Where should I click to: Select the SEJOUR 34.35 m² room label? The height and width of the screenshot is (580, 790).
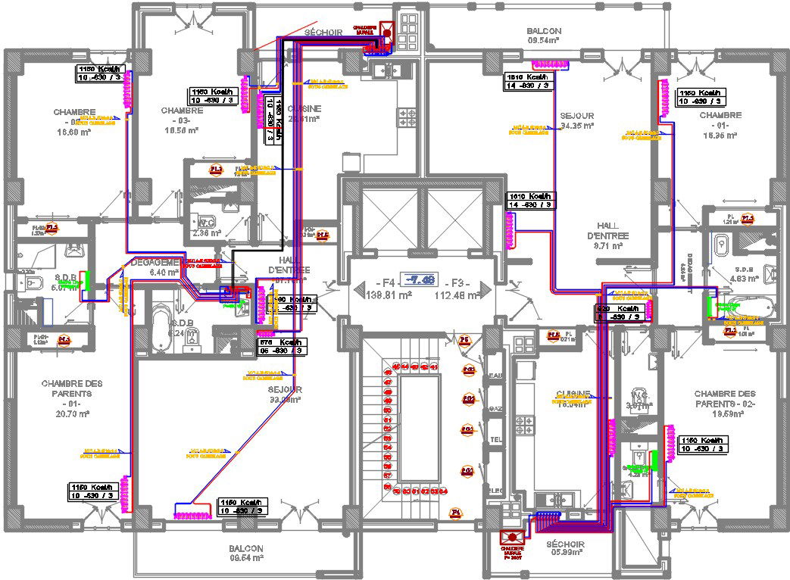coord(576,120)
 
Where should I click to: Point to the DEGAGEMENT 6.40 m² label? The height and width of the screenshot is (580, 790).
coord(156,266)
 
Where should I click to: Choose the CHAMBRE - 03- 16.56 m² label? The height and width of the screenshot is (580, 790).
coord(181,120)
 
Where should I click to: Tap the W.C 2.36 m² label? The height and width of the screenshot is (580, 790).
coord(206,227)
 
